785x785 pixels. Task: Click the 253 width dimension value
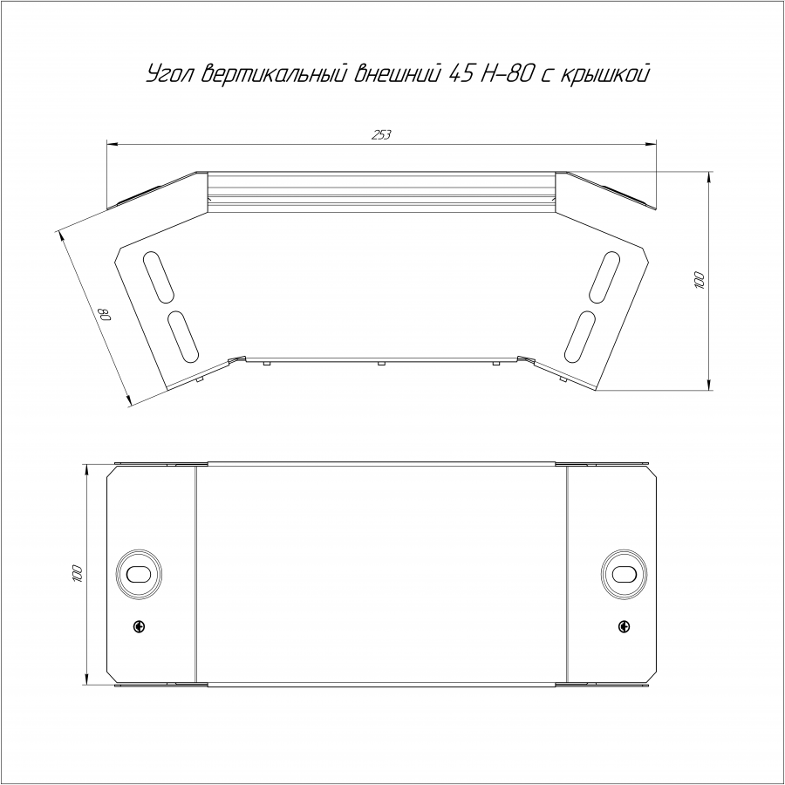pyautogui.click(x=381, y=134)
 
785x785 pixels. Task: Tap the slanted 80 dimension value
pyautogui.click(x=106, y=315)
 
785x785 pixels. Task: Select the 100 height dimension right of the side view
pyautogui.click(x=699, y=280)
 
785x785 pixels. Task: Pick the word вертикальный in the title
pyautogui.click(x=274, y=74)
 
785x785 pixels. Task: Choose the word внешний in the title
pyautogui.click(x=398, y=74)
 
